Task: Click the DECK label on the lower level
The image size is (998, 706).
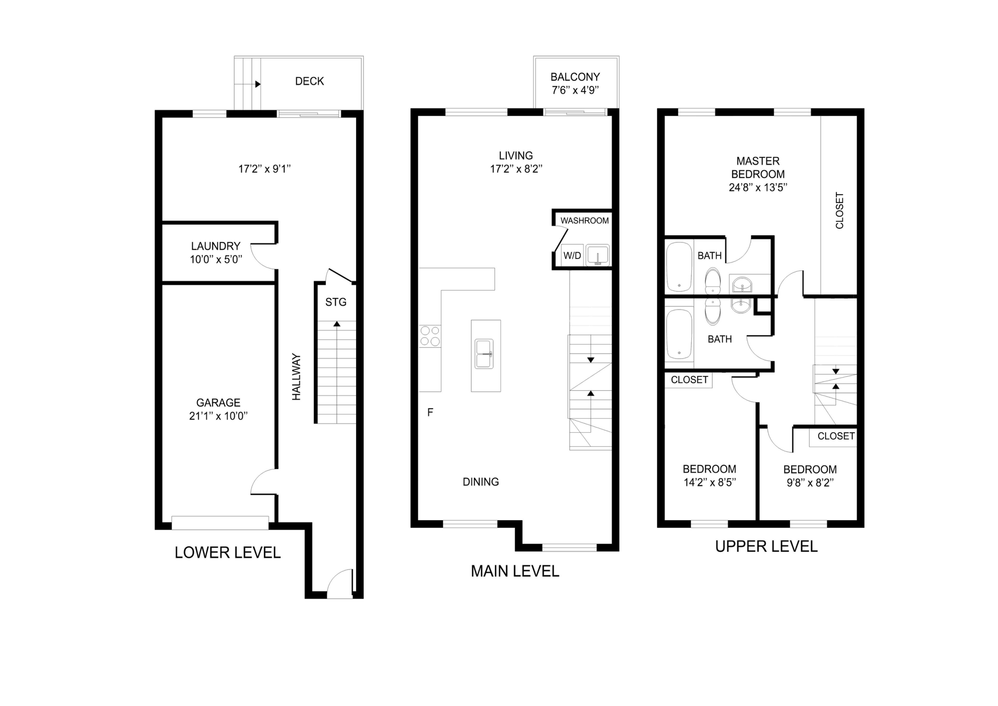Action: [x=310, y=81]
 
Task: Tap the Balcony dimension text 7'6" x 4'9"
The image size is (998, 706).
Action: [x=575, y=91]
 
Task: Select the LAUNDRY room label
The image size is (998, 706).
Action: [x=216, y=246]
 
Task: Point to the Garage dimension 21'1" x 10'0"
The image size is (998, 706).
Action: [x=218, y=416]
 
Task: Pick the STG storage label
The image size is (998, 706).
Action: [x=336, y=302]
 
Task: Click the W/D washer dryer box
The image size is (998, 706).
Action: [x=572, y=255]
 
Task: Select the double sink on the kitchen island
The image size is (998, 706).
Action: [x=484, y=354]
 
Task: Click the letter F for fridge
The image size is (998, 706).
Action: [x=430, y=412]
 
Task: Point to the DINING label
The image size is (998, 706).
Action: [x=481, y=482]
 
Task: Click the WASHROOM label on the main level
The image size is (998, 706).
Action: [x=585, y=221]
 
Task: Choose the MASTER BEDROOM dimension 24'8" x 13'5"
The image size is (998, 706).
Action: [x=758, y=188]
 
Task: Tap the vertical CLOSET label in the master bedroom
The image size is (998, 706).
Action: [x=840, y=210]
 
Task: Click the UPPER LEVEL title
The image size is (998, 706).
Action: [x=766, y=546]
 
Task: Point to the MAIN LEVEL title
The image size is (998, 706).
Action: [x=515, y=571]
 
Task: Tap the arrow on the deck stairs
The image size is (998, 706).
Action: [x=258, y=84]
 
